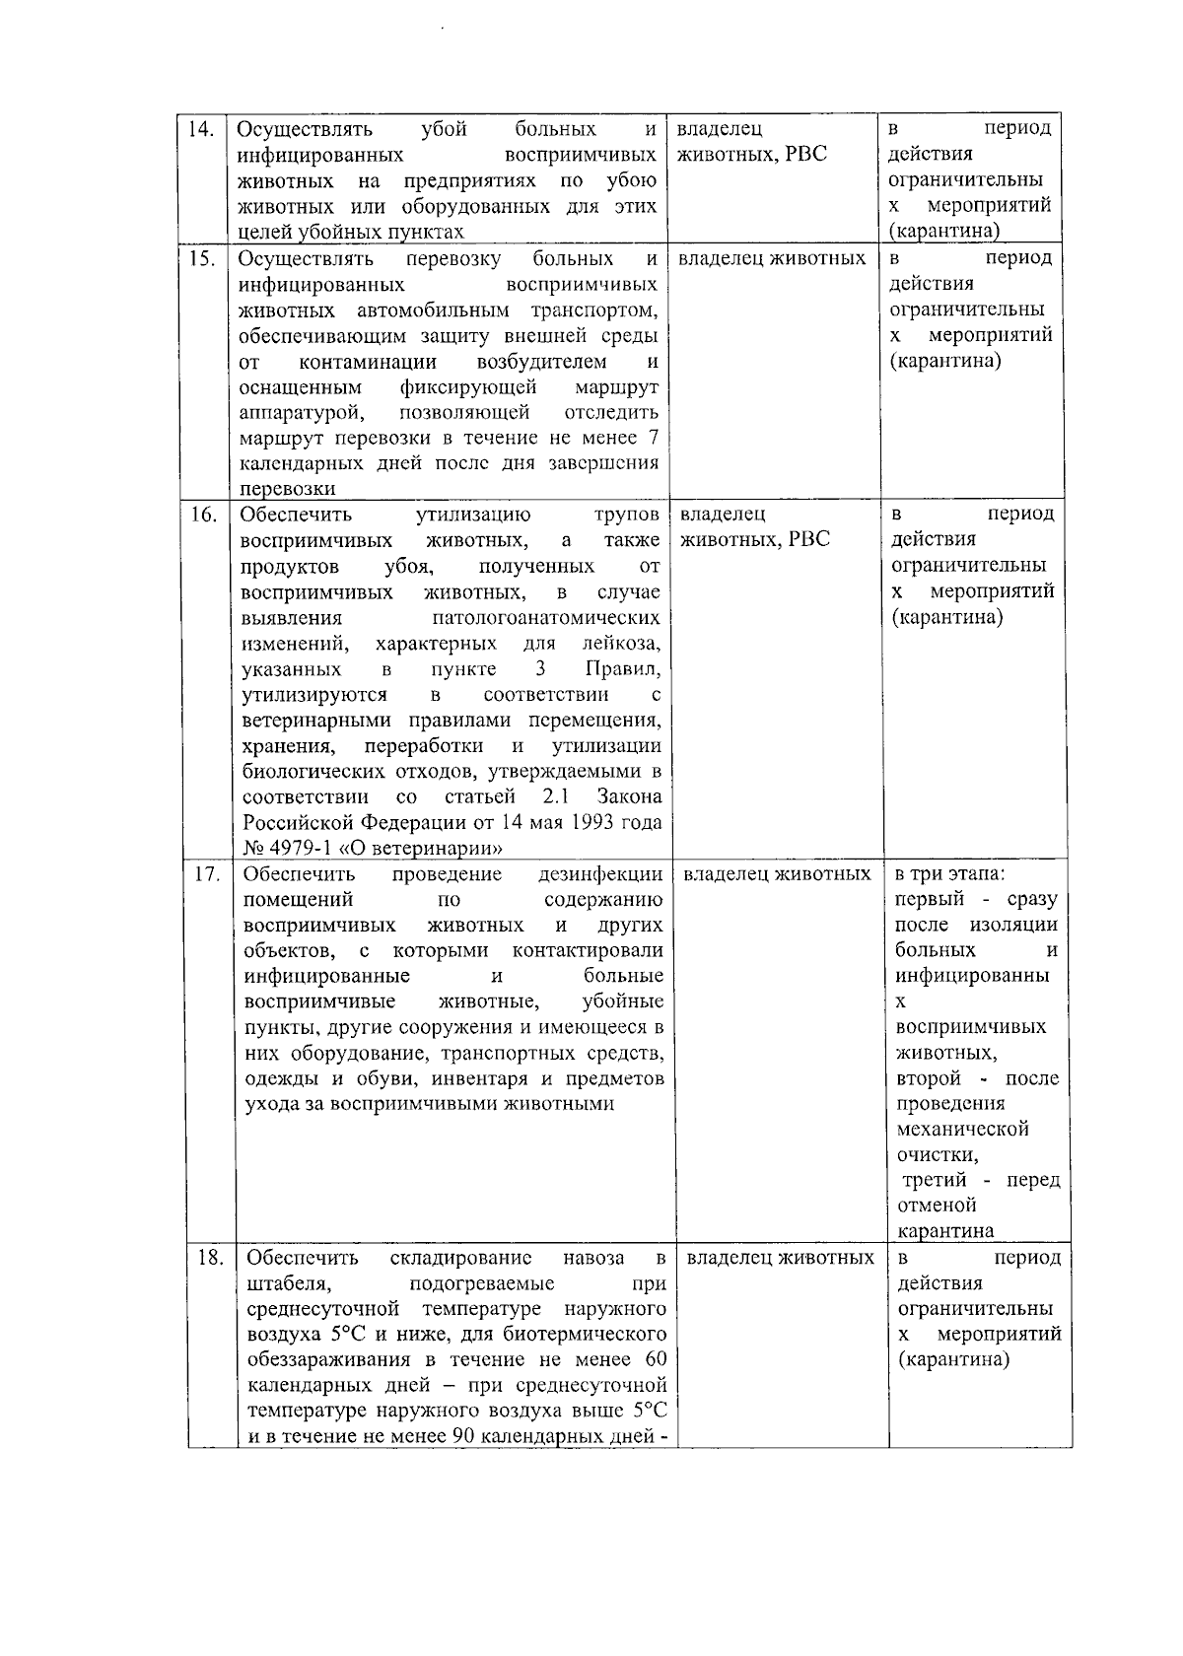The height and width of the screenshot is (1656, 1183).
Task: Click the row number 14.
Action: (201, 129)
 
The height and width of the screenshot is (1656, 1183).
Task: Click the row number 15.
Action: (202, 258)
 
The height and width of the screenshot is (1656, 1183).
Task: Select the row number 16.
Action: (203, 515)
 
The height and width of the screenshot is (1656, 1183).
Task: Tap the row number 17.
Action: (206, 874)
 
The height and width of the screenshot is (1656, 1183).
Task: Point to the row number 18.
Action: (209, 1258)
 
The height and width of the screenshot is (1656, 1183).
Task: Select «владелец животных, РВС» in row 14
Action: (751, 142)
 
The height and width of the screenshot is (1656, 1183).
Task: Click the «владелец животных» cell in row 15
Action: (772, 258)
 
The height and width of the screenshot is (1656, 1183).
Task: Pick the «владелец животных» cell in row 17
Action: (777, 874)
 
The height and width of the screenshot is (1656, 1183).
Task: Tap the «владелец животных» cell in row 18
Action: (780, 1258)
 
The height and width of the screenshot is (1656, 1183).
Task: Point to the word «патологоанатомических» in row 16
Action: (546, 618)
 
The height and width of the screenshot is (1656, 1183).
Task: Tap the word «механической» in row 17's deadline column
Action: (962, 1129)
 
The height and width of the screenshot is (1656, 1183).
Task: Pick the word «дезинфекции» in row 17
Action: (600, 874)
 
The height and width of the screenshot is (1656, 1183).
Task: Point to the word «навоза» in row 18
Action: (593, 1258)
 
